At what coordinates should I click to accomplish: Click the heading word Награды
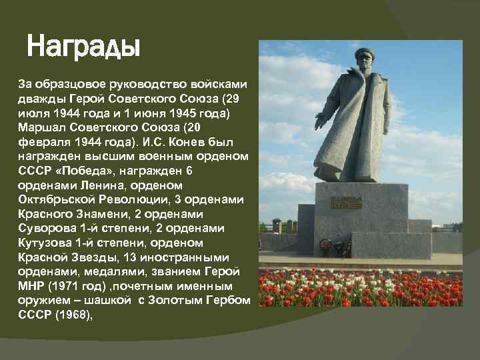click(x=83, y=48)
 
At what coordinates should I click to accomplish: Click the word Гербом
click(x=231, y=301)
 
